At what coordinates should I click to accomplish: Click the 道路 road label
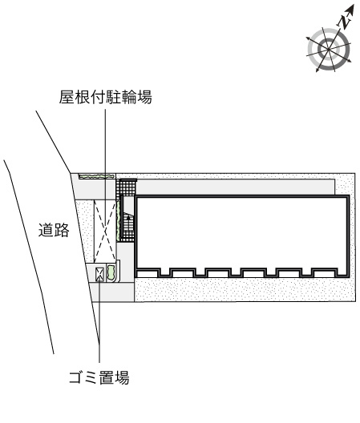(54, 230)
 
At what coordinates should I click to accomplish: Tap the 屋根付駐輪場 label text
(106, 97)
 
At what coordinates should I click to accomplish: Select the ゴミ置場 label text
(99, 377)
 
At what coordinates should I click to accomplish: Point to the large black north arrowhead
(350, 9)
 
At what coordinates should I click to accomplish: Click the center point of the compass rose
(329, 50)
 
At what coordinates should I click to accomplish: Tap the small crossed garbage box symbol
(99, 274)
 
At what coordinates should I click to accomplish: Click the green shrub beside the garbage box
(111, 272)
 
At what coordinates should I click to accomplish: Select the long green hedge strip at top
(96, 176)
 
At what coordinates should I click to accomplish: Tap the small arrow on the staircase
(129, 217)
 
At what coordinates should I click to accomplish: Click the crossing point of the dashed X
(105, 231)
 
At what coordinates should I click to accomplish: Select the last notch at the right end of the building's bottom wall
(342, 272)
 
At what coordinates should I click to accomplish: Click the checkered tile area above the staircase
(126, 187)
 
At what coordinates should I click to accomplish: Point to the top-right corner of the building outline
(348, 196)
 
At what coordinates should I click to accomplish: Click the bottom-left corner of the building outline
(136, 276)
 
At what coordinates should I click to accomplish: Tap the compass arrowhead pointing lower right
(350, 61)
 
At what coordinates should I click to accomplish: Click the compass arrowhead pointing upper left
(308, 38)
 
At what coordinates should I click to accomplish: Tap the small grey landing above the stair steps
(128, 204)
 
